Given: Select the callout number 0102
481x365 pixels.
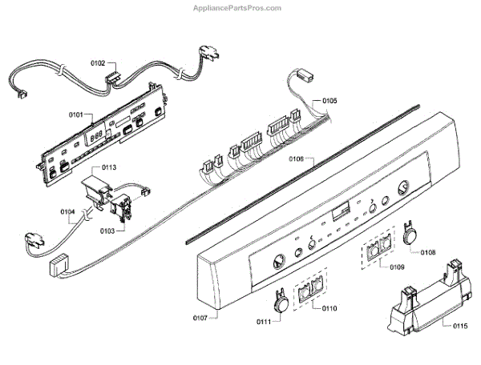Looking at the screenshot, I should (x=98, y=62).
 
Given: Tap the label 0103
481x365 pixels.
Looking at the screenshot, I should (x=106, y=231).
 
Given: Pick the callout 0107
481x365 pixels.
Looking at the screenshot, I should (x=200, y=319).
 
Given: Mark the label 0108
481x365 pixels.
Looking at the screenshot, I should (x=428, y=253).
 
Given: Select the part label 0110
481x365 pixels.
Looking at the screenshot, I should (x=329, y=308).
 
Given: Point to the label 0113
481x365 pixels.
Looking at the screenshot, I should (x=109, y=168).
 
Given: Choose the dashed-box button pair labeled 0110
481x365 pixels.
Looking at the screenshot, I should (x=309, y=293).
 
